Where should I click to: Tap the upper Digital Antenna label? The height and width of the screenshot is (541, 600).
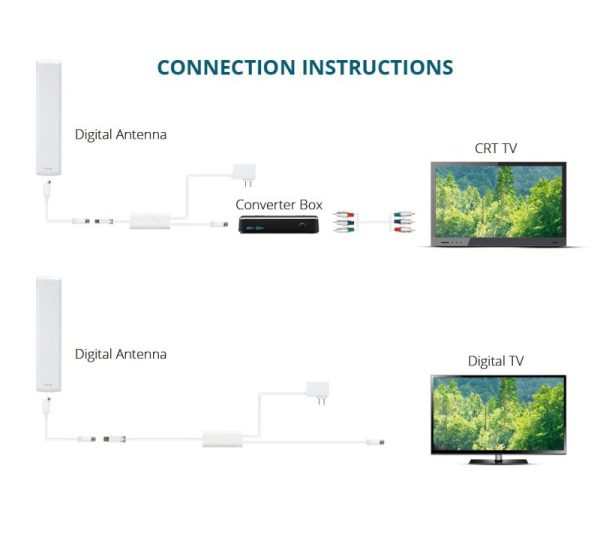click(x=121, y=133)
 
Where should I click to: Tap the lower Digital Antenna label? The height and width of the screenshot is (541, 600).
click(x=121, y=354)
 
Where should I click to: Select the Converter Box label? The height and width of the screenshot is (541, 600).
click(x=279, y=204)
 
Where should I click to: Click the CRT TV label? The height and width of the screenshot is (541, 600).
click(x=496, y=148)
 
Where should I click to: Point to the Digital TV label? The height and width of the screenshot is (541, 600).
click(x=496, y=361)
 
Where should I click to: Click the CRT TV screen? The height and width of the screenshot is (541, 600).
click(x=497, y=200)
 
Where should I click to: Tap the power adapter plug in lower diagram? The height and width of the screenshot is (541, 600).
click(x=317, y=394)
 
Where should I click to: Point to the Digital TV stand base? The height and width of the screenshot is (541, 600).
click(x=497, y=458)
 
